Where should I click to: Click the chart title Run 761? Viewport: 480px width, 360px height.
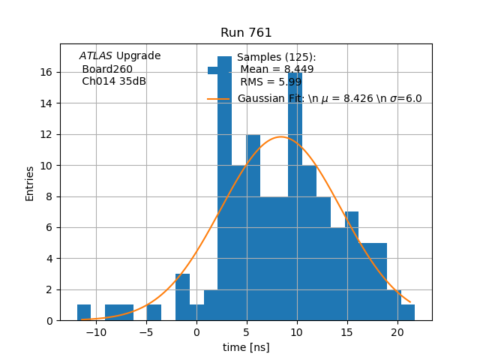(x=246, y=33)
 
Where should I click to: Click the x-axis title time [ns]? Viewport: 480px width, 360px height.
(x=246, y=347)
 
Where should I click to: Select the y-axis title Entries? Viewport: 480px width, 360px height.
(x=30, y=183)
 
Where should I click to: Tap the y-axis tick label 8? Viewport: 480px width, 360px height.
(x=49, y=196)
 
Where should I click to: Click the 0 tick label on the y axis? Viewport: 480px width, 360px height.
(x=49, y=320)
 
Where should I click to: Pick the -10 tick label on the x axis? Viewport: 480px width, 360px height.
(x=96, y=333)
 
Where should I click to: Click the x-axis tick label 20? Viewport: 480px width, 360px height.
(x=397, y=333)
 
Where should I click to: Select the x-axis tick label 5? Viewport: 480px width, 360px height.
(x=247, y=333)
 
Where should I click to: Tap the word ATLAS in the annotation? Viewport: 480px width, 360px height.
(x=96, y=56)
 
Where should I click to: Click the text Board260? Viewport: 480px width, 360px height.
(x=107, y=69)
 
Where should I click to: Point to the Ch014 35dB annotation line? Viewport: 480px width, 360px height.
(x=114, y=82)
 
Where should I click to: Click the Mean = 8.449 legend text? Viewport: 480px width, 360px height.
(x=277, y=70)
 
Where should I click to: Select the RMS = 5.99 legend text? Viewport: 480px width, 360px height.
(x=271, y=82)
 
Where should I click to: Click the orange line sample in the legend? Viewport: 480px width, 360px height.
(x=218, y=99)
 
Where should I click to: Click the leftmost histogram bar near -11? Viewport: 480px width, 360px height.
(x=84, y=313)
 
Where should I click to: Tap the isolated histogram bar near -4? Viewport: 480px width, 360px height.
(x=154, y=313)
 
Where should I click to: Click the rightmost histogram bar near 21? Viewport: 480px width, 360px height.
(x=407, y=313)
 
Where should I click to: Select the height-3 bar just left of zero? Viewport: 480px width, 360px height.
(x=182, y=298)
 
